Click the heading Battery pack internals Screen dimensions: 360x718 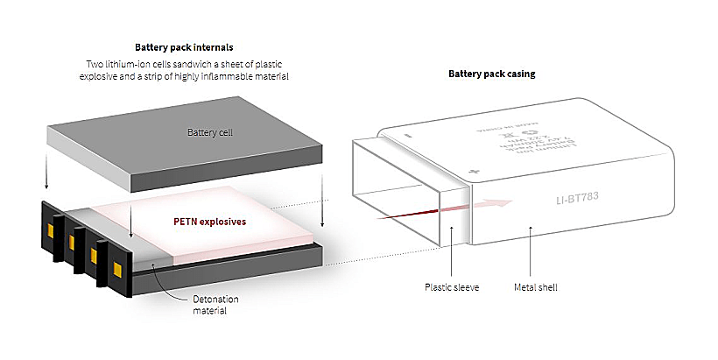tap(185, 47)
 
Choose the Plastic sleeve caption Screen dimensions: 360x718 tap(451, 286)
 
